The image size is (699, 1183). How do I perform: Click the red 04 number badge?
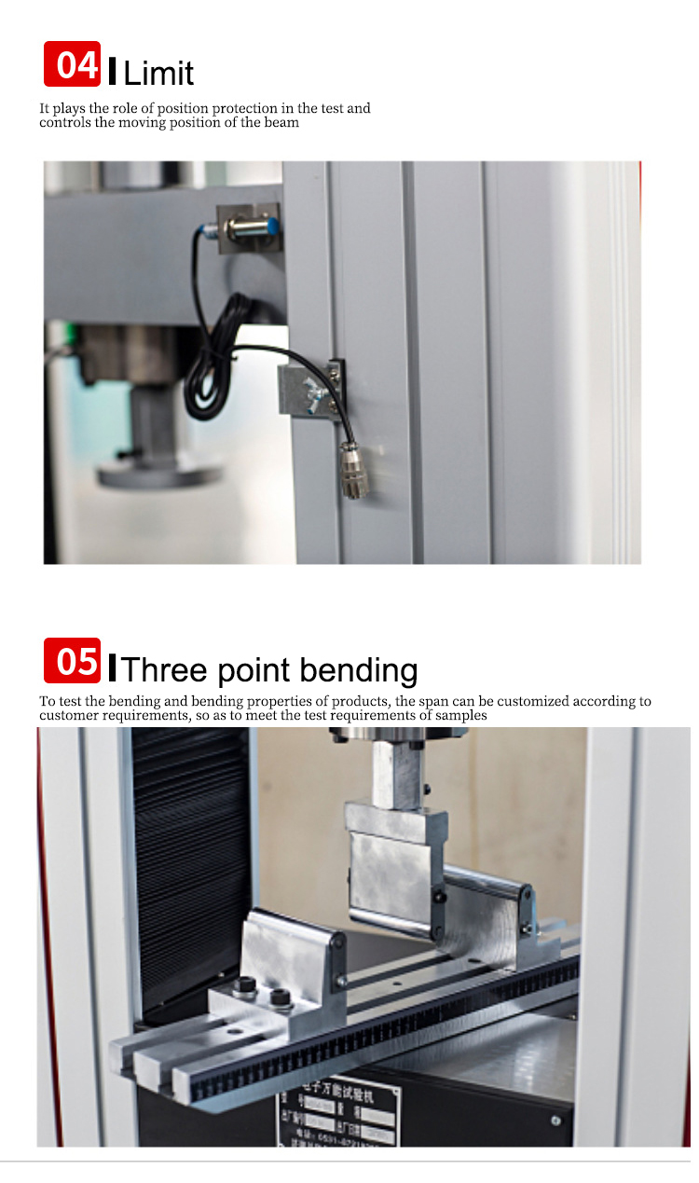click(x=72, y=64)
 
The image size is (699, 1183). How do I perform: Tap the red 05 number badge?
click(x=72, y=660)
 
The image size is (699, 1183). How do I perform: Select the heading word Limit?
click(x=158, y=73)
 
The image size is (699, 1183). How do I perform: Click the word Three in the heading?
click(x=167, y=670)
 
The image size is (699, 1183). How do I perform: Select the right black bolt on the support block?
click(x=278, y=998)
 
